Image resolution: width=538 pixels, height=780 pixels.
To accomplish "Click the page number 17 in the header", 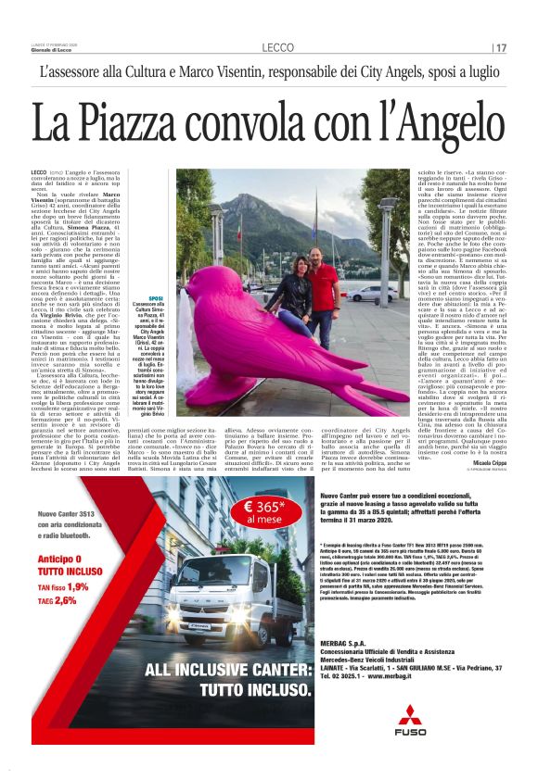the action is (502, 47).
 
